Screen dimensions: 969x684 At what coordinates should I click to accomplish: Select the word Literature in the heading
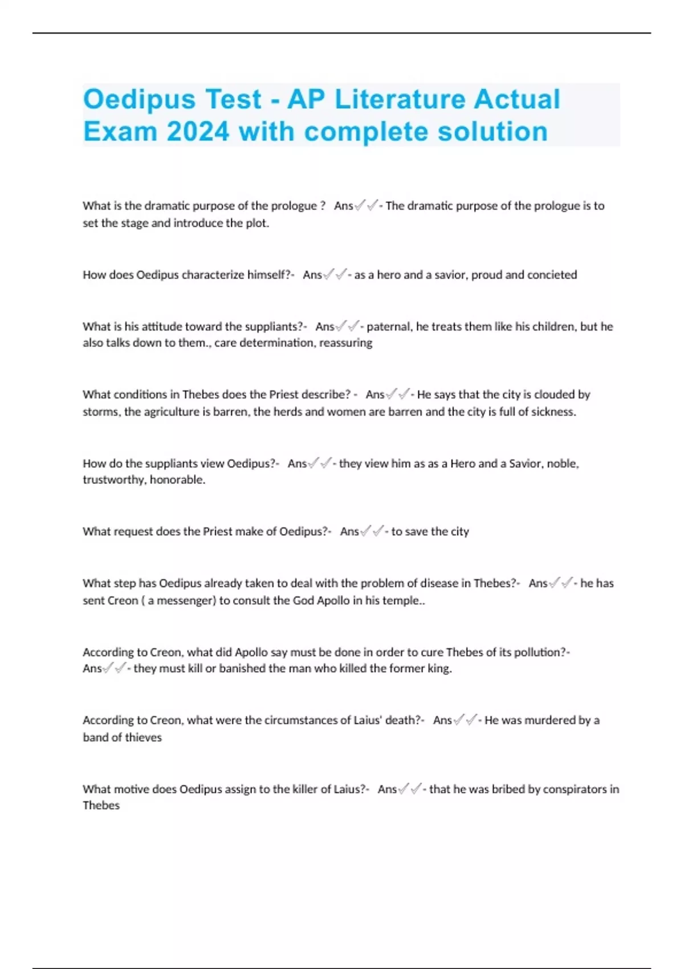400,99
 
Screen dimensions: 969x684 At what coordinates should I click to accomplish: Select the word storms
101,412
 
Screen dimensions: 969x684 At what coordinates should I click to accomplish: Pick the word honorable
177,480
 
